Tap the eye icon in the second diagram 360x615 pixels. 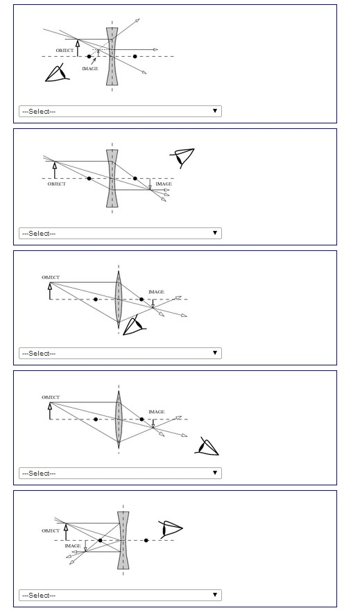(x=182, y=157)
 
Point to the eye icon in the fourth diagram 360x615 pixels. (x=207, y=447)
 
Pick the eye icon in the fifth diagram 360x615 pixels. (x=170, y=529)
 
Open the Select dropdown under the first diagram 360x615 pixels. (x=120, y=111)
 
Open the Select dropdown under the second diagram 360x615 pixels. (x=120, y=233)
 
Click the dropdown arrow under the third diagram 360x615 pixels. (x=215, y=353)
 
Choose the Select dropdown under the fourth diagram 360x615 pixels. (x=120, y=473)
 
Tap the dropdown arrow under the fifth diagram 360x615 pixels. (x=215, y=595)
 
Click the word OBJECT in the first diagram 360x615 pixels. (x=65, y=51)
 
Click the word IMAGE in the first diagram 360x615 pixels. (x=90, y=69)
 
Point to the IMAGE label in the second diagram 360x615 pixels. (x=163, y=184)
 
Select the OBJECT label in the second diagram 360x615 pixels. (x=57, y=184)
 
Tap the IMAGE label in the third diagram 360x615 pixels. (x=156, y=292)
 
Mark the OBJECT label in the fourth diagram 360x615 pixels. (x=51, y=397)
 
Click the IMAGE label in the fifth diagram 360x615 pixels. (x=73, y=546)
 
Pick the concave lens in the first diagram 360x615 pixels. (x=112, y=56)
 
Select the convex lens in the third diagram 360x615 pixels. (x=119, y=299)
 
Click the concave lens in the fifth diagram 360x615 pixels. (x=123, y=540)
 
